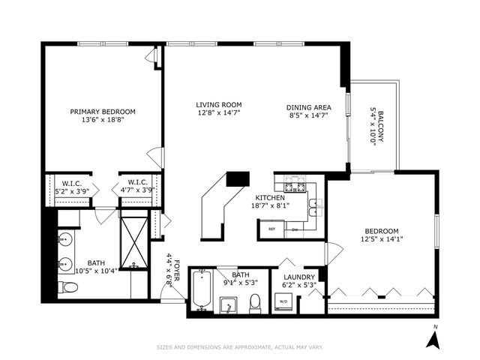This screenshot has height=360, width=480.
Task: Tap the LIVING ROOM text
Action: click(x=218, y=105)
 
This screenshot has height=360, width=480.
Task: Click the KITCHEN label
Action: click(x=268, y=197)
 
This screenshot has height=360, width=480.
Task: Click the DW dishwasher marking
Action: click(x=295, y=229)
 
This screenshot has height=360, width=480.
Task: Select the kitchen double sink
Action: click(x=314, y=203)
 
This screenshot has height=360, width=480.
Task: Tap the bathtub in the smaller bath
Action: click(x=200, y=289)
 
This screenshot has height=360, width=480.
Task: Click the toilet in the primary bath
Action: click(x=65, y=287)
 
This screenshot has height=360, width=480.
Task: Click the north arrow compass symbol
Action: click(x=432, y=339)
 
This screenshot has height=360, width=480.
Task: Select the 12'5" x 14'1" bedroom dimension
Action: click(x=381, y=240)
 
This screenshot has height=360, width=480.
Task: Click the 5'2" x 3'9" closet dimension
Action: click(x=72, y=190)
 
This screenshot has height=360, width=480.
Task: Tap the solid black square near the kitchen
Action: click(x=238, y=178)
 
